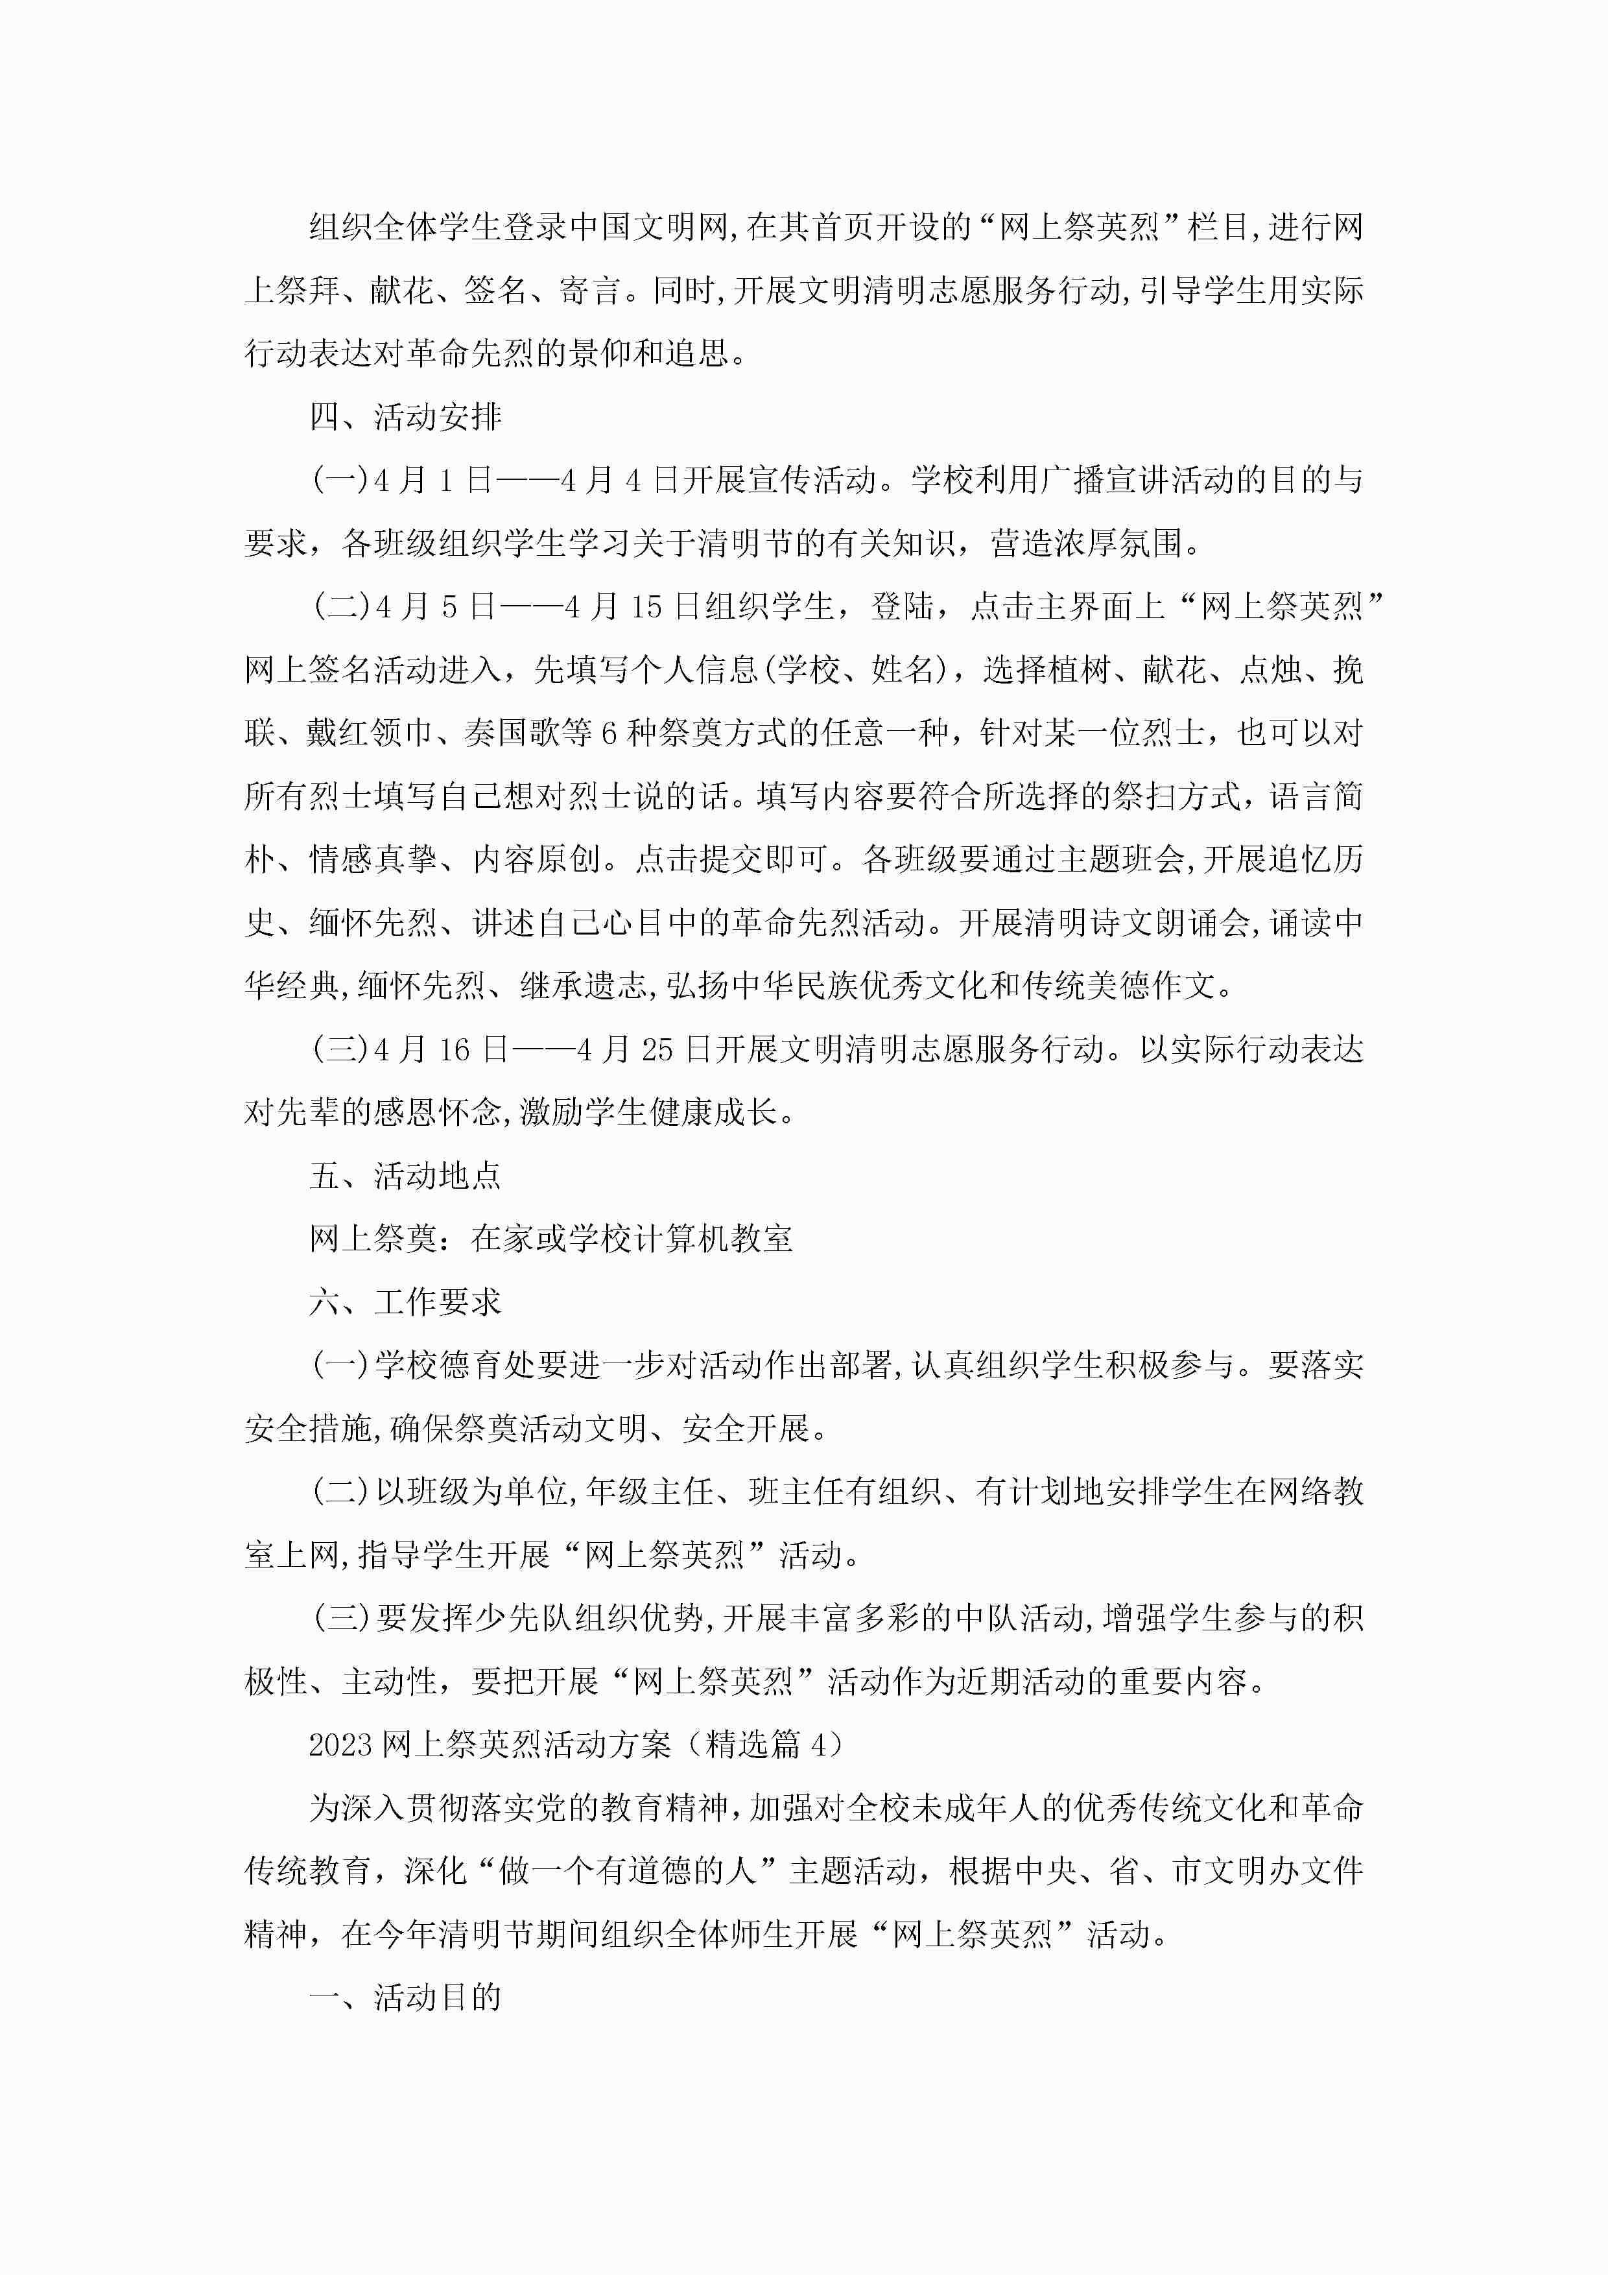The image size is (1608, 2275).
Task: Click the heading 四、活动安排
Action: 405,417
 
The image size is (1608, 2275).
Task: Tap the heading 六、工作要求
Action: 405,1302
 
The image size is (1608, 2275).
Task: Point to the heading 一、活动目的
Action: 405,1997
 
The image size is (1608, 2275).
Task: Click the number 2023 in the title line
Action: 340,1744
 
